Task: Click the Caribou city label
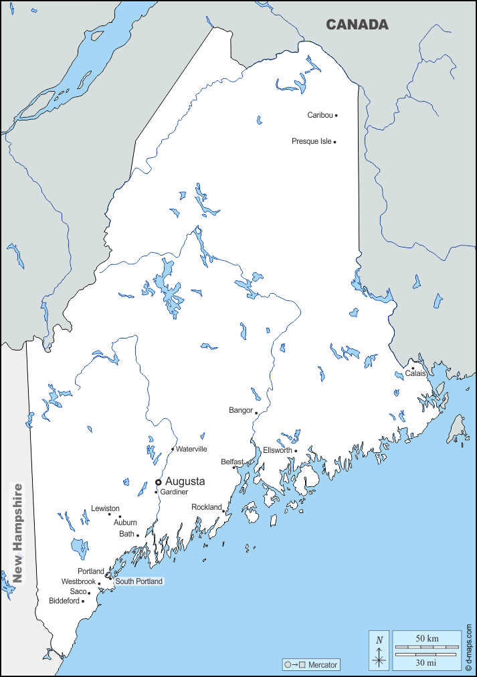[320, 115]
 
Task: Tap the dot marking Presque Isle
[335, 142]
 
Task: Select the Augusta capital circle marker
[159, 482]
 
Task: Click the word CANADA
[357, 25]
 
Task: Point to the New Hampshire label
[18, 533]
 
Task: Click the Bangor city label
[241, 410]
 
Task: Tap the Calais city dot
[413, 368]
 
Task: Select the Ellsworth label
[277, 450]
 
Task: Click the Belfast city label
[232, 462]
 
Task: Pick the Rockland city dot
[223, 511]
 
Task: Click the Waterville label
[191, 449]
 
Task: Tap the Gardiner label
[174, 492]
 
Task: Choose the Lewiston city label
[105, 508]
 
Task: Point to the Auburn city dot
[120, 516]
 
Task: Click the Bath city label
[126, 534]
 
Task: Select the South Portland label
[138, 581]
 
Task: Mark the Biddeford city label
[64, 601]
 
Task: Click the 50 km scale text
[427, 639]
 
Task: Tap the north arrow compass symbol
[379, 651]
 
